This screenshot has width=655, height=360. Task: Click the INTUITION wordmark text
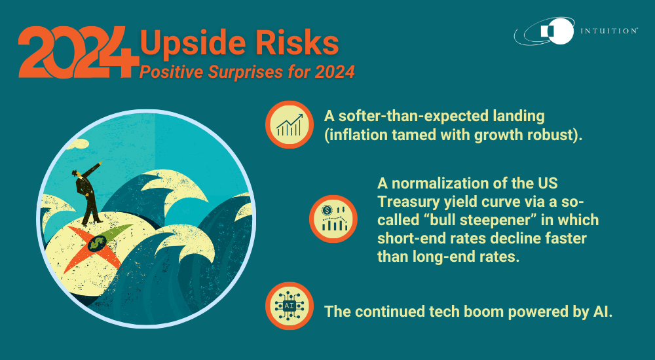click(608, 31)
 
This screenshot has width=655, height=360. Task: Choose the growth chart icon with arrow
click(289, 124)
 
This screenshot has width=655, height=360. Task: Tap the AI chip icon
click(289, 305)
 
